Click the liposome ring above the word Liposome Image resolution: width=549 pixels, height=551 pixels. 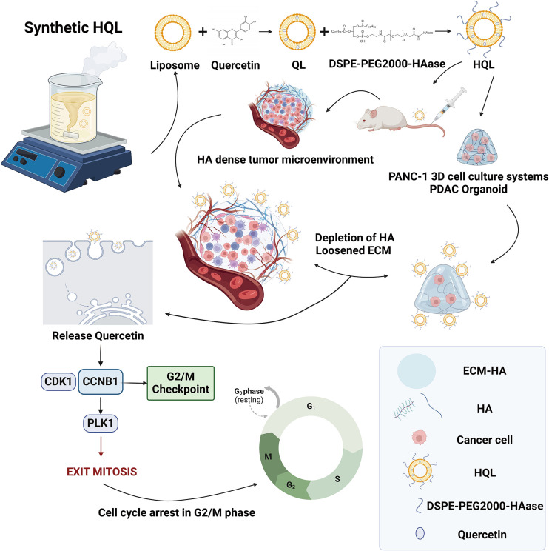[176, 34]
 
